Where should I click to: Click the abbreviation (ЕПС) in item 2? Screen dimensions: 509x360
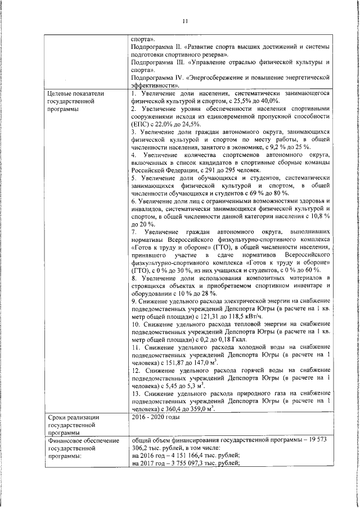140,123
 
